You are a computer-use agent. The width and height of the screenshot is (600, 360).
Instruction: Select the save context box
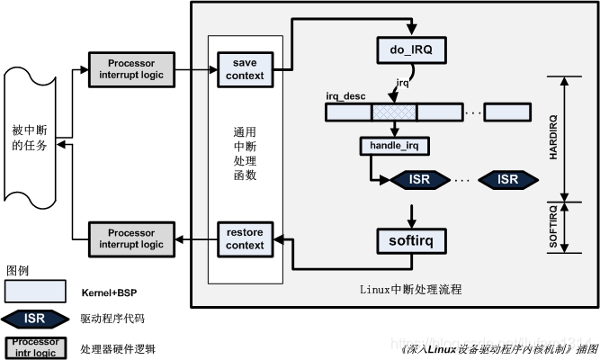242,69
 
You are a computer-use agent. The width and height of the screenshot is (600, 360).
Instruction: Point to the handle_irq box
395,146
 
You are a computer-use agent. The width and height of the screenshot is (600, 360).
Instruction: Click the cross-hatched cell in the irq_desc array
393,113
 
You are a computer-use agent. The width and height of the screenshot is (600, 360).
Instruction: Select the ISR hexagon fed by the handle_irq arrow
418,179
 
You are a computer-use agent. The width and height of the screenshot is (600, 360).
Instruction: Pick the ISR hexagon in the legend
35,317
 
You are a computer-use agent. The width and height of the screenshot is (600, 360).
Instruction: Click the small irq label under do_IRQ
404,84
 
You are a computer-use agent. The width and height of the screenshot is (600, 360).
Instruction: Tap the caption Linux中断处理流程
399,287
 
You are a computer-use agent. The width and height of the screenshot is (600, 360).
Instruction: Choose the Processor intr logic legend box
35,346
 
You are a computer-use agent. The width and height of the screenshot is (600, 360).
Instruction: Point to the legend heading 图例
18,271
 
